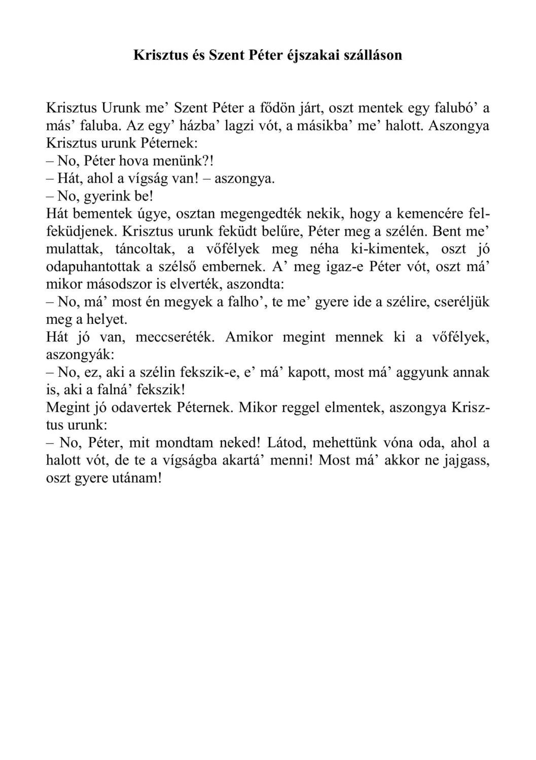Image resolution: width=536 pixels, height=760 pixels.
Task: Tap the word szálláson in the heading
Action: pos(373,55)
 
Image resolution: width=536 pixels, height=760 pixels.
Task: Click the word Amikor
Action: pos(246,337)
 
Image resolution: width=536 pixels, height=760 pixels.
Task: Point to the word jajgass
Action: pos(462,461)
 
